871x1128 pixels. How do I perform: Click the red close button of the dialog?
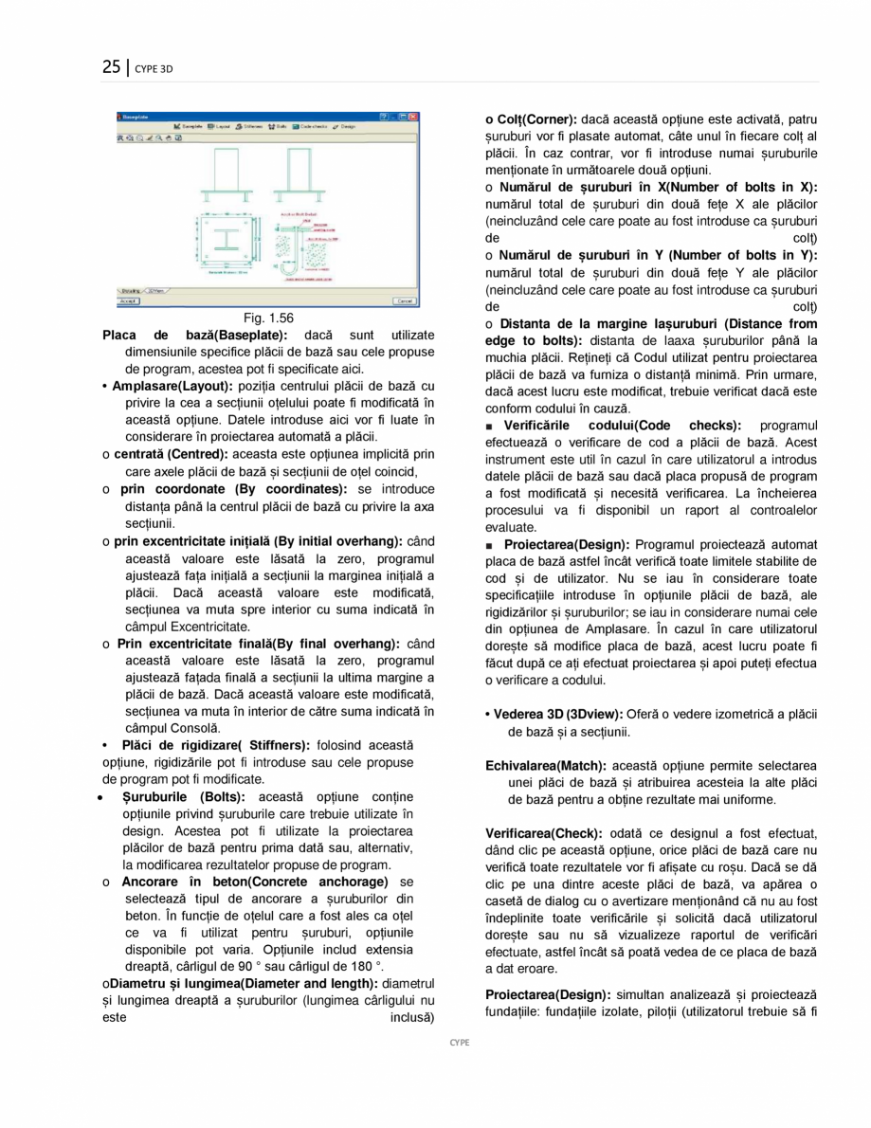pyautogui.click(x=412, y=117)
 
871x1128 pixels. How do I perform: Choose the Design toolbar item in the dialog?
pyautogui.click(x=345, y=126)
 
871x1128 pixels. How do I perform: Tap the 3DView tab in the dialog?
pyautogui.click(x=156, y=291)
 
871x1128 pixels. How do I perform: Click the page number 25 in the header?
pyautogui.click(x=111, y=66)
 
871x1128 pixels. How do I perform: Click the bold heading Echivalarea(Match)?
pyautogui.click(x=543, y=765)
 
